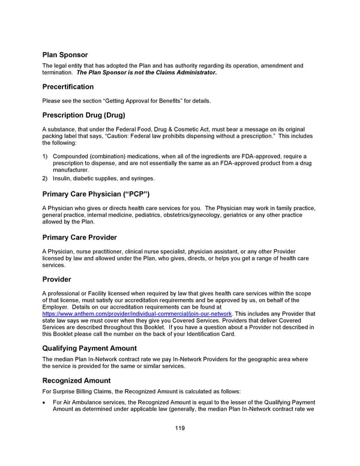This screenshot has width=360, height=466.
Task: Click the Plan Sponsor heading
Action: pos(65,55)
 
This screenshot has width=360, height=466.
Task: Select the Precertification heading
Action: pos(68,86)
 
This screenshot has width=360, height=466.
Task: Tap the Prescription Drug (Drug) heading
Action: pos(83,115)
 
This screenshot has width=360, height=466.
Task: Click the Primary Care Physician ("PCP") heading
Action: pos(95,194)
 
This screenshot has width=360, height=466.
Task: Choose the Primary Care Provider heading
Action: pos(79,237)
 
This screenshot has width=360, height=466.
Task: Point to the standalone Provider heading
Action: pos(56,279)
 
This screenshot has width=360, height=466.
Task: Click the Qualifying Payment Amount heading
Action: pos(89,348)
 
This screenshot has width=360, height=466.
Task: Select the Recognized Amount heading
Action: pos(76,380)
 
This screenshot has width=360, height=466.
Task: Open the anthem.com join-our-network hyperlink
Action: pos(137,314)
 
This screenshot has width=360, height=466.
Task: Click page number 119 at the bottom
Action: pos(179,428)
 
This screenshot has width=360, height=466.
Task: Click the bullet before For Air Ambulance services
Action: pos(44,402)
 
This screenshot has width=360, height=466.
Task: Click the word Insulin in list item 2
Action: pos(63,178)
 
